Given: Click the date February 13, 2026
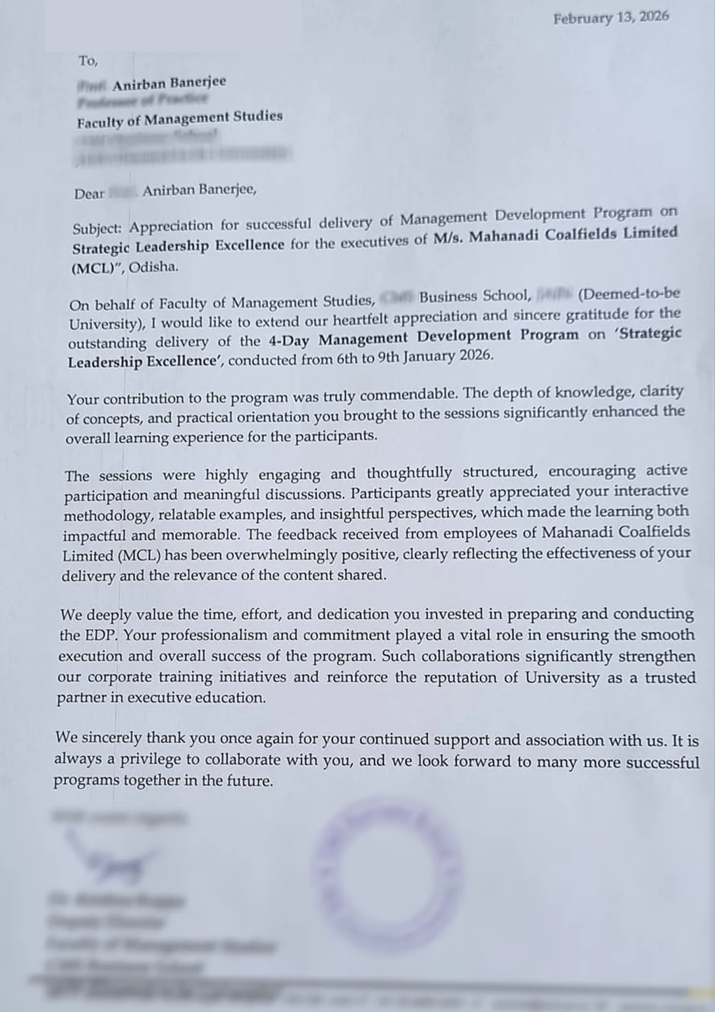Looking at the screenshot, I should click(610, 18).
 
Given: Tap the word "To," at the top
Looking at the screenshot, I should click(88, 61).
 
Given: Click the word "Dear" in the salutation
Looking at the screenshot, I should click(90, 194).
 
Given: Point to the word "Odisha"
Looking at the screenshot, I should click(153, 267).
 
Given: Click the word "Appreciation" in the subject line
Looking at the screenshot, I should click(171, 226).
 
